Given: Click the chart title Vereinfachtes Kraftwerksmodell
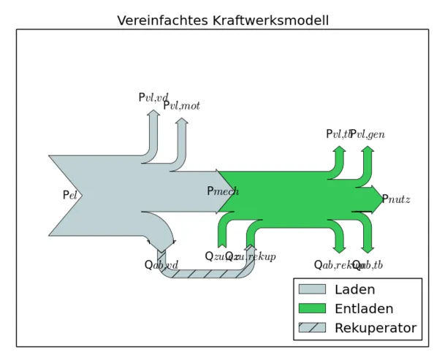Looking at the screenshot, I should (223, 20).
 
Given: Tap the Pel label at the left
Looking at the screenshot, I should (69, 196).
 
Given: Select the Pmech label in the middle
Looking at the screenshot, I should (222, 191).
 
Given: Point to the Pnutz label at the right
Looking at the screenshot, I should (396, 199).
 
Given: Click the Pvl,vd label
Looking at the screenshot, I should (153, 98).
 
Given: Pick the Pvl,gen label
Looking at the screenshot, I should (368, 134).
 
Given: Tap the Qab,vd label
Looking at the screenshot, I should (161, 265).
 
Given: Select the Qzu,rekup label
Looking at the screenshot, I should (251, 256).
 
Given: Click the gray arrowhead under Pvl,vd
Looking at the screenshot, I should (153, 114).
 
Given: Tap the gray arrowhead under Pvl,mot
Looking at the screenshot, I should (182, 122).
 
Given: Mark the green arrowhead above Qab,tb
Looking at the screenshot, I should (368, 248).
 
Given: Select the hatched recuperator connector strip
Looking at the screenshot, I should (205, 274).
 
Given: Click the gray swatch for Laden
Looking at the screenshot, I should (312, 289).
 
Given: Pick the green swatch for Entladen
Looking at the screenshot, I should (312, 309).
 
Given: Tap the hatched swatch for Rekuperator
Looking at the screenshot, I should (312, 328).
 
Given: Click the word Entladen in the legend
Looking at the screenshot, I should (364, 309).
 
